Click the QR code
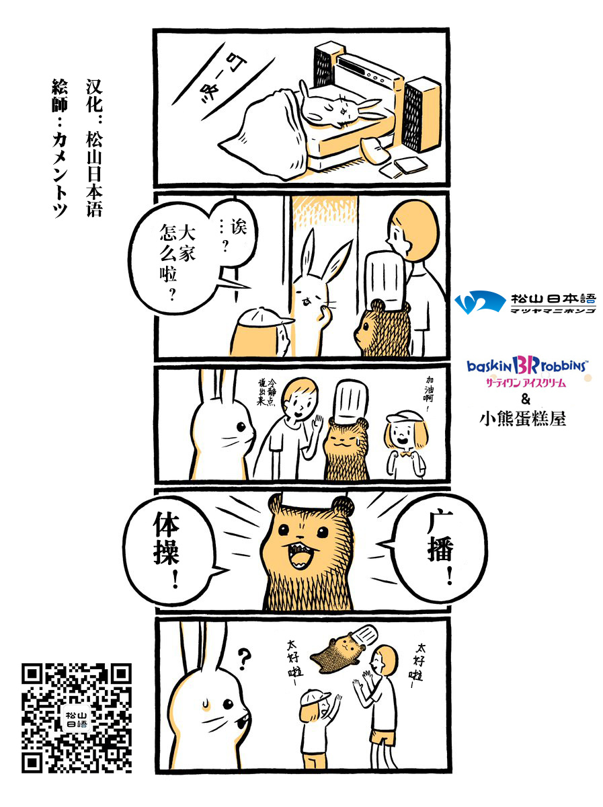[77, 713]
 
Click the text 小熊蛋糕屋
[523, 418]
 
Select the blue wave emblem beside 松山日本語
[480, 302]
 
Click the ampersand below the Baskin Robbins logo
[526, 399]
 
